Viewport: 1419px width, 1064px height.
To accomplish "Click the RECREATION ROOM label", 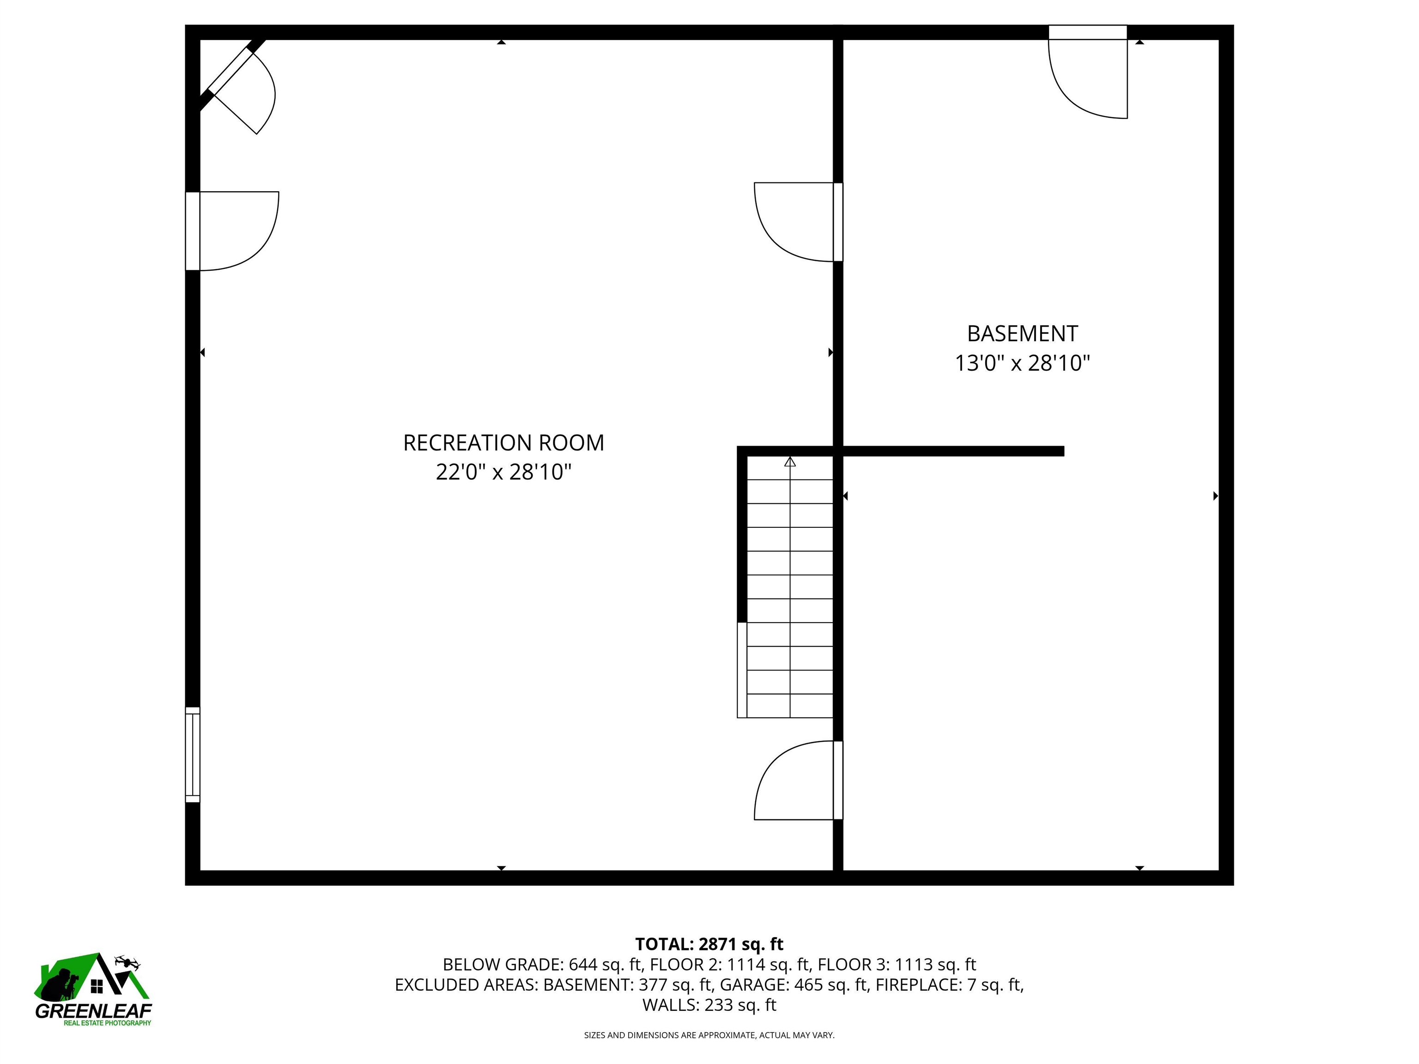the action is [503, 442].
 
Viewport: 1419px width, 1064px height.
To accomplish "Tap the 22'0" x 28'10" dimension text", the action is [503, 472].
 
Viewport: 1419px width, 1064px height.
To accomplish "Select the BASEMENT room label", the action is [1023, 333].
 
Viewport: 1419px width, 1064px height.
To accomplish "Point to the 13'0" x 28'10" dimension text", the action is [1023, 363].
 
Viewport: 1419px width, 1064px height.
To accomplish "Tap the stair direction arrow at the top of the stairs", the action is [790, 461].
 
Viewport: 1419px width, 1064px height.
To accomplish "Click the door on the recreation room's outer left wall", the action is [231, 231].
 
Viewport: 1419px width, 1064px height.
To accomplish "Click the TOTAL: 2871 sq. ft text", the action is [709, 944].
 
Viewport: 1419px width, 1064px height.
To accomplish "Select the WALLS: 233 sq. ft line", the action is [709, 1005].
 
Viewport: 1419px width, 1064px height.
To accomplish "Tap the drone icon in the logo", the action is [127, 962].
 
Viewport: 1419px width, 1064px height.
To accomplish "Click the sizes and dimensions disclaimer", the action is [709, 1035].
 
